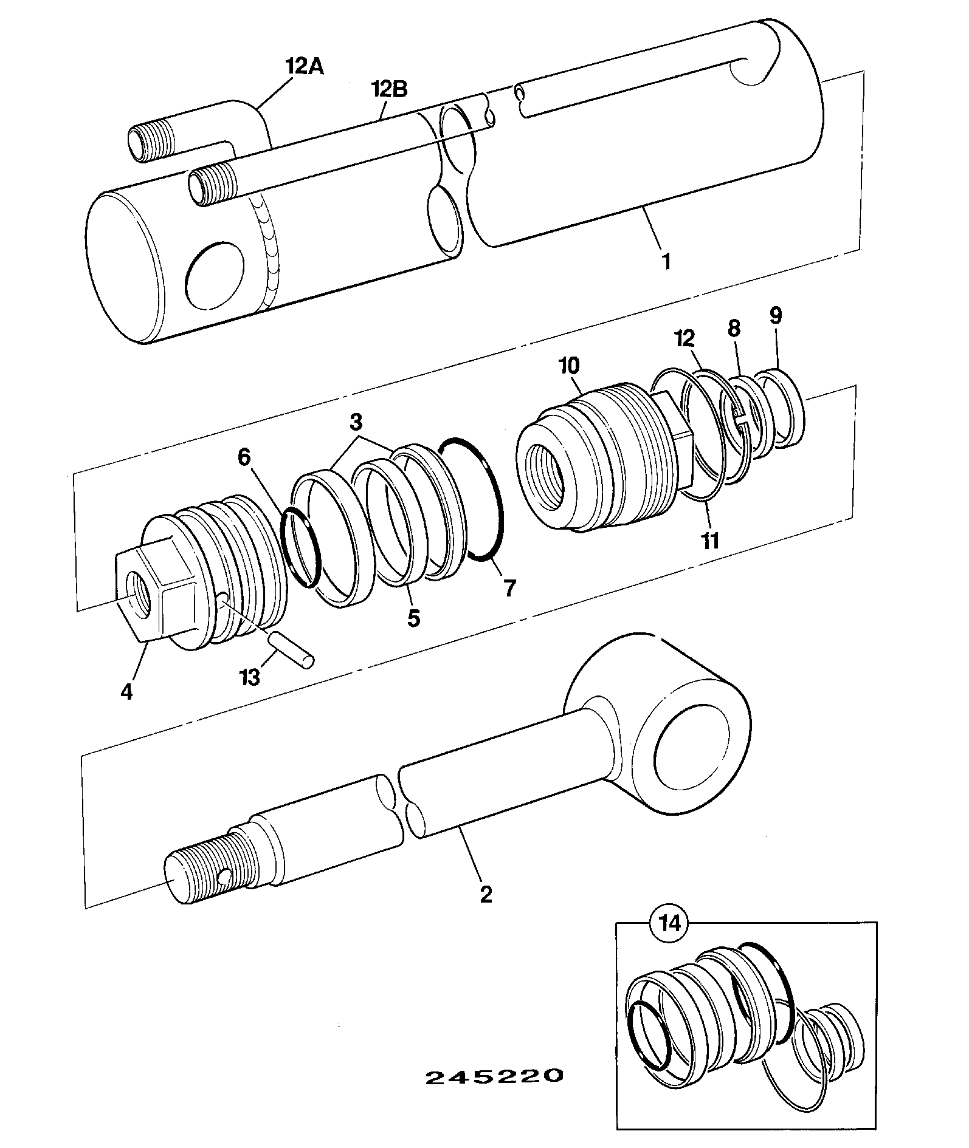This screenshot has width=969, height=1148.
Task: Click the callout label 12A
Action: pyautogui.click(x=305, y=66)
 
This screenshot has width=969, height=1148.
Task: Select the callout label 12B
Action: pyautogui.click(x=389, y=89)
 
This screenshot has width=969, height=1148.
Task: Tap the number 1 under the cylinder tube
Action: pyautogui.click(x=666, y=262)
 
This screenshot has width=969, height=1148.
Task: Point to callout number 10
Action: pyautogui.click(x=568, y=366)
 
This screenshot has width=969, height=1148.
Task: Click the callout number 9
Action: pyautogui.click(x=776, y=316)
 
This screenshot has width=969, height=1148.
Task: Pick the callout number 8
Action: pyautogui.click(x=734, y=329)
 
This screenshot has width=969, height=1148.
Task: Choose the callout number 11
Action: pyautogui.click(x=710, y=540)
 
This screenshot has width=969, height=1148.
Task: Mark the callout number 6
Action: pyautogui.click(x=244, y=457)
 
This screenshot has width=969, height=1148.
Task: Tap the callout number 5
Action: pyautogui.click(x=413, y=618)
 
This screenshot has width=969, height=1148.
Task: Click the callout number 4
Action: pyautogui.click(x=126, y=691)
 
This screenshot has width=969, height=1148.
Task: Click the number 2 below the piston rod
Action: pyautogui.click(x=486, y=894)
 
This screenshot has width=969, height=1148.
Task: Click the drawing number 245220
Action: pyautogui.click(x=494, y=1077)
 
